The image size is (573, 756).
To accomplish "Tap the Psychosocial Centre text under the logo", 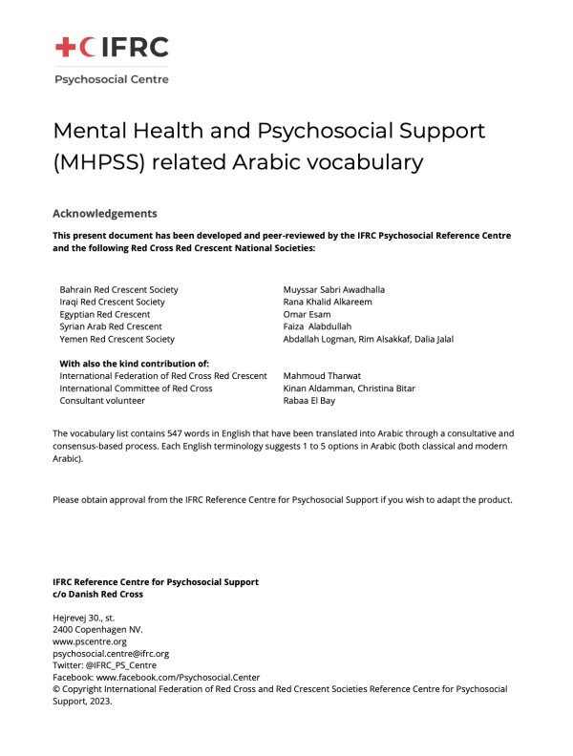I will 111,79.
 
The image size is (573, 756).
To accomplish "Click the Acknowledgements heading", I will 105,214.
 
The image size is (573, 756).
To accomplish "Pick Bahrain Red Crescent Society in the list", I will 118,289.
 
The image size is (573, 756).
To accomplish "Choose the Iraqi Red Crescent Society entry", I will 112,302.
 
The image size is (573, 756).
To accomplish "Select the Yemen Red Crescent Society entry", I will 117,339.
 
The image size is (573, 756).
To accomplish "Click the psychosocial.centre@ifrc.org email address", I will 111,654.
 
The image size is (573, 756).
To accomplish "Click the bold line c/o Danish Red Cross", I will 97,594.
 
